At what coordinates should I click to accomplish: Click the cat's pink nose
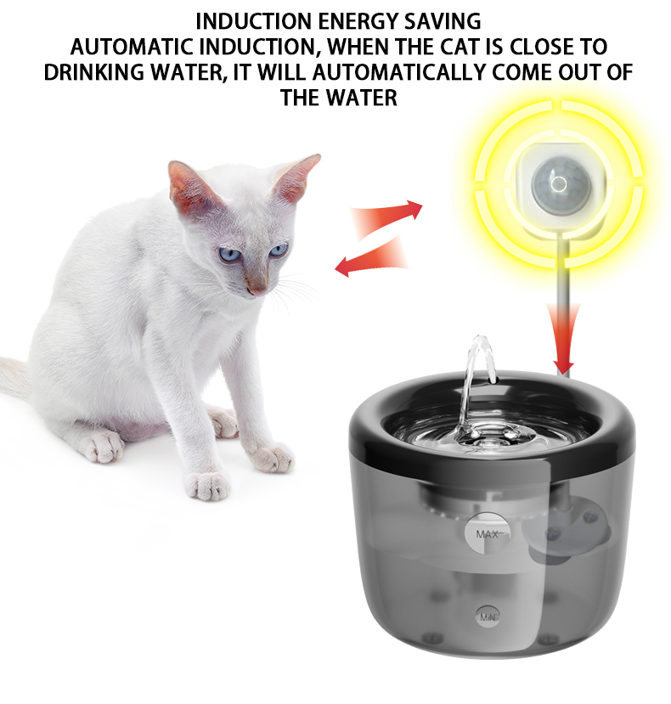pyautogui.click(x=258, y=290)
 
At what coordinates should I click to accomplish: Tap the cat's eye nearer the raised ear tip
pyautogui.click(x=279, y=250)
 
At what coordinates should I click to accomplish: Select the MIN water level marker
pyautogui.click(x=488, y=617)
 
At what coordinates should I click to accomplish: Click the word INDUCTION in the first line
pyautogui.click(x=254, y=21)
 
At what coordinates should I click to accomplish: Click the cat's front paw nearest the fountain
pyautogui.click(x=272, y=458)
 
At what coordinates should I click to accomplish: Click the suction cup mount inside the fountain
pyautogui.click(x=567, y=530)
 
